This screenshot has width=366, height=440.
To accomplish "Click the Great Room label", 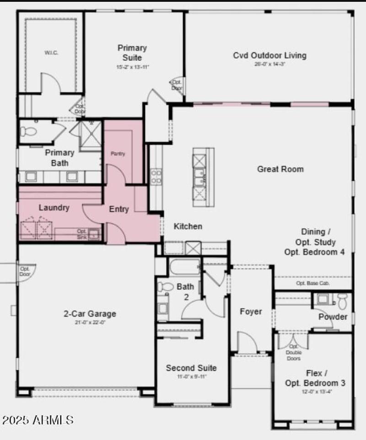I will [x=280, y=169].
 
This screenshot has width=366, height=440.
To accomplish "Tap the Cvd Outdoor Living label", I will [x=269, y=56].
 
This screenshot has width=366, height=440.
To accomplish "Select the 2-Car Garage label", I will [x=90, y=314].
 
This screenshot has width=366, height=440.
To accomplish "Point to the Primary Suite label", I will [x=132, y=53].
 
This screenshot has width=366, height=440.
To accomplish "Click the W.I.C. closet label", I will [x=51, y=53].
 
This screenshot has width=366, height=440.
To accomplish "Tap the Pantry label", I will [x=118, y=154].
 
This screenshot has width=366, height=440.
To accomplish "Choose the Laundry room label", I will [x=54, y=208].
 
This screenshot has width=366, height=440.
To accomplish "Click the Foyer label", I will [x=251, y=311].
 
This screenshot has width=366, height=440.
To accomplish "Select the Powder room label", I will [x=333, y=317].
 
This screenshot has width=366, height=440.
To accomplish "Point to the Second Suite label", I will [x=191, y=368].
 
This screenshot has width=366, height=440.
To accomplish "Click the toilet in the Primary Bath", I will [x=28, y=132].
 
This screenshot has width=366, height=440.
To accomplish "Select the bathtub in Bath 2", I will [x=184, y=267].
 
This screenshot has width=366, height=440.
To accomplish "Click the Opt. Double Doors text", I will [x=293, y=352].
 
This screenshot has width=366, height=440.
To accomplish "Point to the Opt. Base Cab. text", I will [x=313, y=283].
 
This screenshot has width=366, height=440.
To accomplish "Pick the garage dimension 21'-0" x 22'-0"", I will [x=90, y=322].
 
